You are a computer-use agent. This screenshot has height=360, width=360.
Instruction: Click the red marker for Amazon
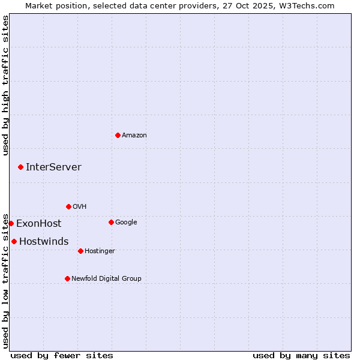pos(118,135)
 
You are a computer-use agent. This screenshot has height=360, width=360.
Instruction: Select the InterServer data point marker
pos(20,167)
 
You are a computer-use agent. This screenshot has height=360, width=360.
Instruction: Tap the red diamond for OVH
pos(68,206)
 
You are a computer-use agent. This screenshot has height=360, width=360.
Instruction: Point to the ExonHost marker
pos(11,223)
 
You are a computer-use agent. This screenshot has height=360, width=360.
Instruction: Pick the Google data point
pos(111,222)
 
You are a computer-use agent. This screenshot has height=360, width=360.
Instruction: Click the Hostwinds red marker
pos(14,241)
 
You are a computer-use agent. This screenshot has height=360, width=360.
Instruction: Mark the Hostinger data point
pos(80,251)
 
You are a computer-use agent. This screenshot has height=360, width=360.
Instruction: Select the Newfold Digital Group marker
pos(67,278)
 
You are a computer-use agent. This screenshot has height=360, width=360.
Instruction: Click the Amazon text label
pos(134,136)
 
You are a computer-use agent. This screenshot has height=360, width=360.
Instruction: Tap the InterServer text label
pos(53,167)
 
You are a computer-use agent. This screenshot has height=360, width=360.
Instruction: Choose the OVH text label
pos(80,207)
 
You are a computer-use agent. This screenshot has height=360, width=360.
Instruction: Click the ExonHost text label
pos(38,224)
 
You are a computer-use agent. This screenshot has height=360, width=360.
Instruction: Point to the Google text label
pos(126,223)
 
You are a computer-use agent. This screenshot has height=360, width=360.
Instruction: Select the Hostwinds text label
pos(44,242)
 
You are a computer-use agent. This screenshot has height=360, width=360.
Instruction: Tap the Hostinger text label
pos(100,251)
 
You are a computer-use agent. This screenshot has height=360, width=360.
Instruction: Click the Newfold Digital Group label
pos(106,279)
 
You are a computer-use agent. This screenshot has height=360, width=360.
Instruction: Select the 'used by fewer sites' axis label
pos(62,355)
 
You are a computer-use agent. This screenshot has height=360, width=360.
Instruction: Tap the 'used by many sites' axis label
pos(301,355)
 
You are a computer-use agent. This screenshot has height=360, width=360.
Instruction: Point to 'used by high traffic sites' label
pos(5,85)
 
